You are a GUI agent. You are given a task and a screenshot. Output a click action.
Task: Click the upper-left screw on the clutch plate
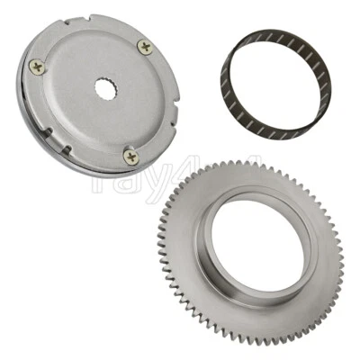36,64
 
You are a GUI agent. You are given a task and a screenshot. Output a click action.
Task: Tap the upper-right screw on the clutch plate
146,47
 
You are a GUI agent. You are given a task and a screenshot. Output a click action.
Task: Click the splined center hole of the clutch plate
104,88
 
